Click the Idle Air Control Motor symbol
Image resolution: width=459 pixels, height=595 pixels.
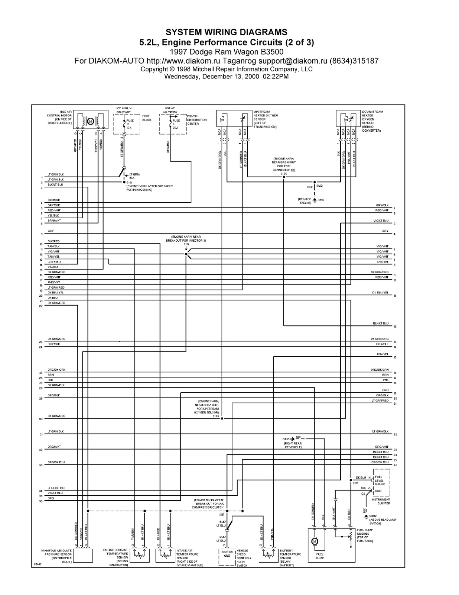click(x=90, y=121)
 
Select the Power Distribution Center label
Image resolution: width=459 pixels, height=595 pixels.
click(x=196, y=120)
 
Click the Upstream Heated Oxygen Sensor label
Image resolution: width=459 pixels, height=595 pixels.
click(x=265, y=119)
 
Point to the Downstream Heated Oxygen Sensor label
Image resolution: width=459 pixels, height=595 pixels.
click(x=372, y=121)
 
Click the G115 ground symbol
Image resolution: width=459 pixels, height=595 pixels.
click(x=315, y=200)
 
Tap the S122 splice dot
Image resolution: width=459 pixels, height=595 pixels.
click(x=315, y=182)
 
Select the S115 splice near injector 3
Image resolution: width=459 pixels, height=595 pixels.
click(x=186, y=254)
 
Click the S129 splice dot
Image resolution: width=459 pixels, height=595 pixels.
click(x=222, y=418)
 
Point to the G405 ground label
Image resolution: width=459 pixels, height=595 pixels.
click(x=286, y=439)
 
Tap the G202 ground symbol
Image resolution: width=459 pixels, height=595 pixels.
click(x=366, y=516)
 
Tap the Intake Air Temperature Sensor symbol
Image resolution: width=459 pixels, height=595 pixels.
click(x=165, y=556)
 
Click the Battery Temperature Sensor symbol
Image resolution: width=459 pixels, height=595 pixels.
click(x=268, y=556)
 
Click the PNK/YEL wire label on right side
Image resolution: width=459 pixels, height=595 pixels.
click(x=382, y=354)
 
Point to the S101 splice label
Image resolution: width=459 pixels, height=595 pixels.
click(x=130, y=183)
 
